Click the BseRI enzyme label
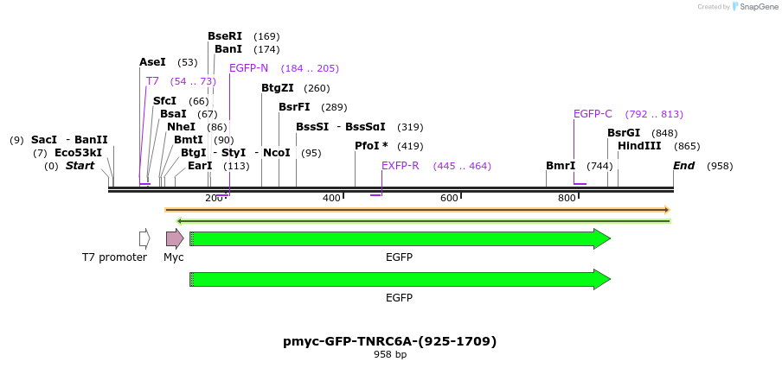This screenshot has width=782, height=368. coord(225,36)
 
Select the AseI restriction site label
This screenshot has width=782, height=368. coord(153,62)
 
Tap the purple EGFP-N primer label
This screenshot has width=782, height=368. coord(248,68)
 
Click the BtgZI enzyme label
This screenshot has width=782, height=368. coord(278,88)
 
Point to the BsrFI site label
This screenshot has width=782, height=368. coord(294,107)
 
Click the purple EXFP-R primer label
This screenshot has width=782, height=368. coord(401,166)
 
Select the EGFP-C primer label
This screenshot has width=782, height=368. coord(593,114)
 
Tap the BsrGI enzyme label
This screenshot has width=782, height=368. coord(624,133)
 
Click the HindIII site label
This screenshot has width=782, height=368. coord(639,146)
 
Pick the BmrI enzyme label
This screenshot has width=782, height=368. coord(561,166)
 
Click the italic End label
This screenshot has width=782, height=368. coord(684,166)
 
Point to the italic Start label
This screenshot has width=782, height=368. coord(80,166)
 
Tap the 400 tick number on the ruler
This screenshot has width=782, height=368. coord(331,199)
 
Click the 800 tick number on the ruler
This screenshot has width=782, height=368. coord(567,199)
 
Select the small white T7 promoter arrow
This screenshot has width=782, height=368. coord(144,238)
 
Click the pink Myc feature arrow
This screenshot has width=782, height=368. coord(175,238)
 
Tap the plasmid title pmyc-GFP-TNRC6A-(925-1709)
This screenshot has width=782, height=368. coord(390,341)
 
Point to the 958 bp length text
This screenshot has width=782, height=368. coord(390,355)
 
